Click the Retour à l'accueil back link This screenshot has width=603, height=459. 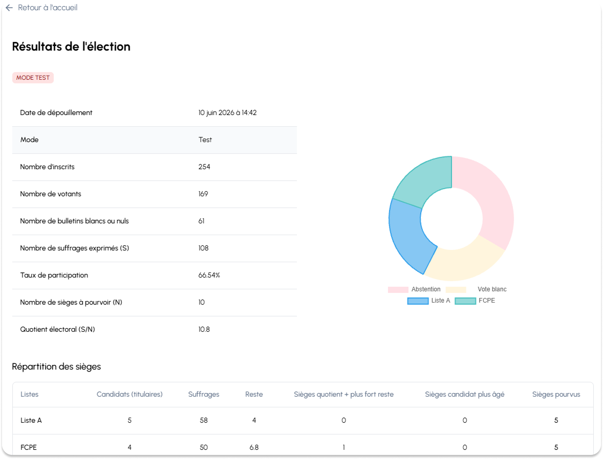click(x=41, y=8)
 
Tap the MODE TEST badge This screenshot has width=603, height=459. click(x=33, y=78)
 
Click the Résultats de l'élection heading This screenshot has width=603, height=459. click(x=71, y=47)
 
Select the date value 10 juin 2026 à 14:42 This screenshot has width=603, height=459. click(x=227, y=112)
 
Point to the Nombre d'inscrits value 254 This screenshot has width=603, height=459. click(x=204, y=167)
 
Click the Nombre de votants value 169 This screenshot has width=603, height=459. click(x=203, y=194)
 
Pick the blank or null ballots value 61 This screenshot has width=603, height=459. click(x=201, y=221)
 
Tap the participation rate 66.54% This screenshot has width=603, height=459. click(x=209, y=275)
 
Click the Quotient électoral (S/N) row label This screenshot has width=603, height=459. click(x=57, y=329)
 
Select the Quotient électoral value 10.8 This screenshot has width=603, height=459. click(x=204, y=329)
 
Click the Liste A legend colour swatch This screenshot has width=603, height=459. click(x=418, y=301)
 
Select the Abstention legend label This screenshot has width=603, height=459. click(x=426, y=289)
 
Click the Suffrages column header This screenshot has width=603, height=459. click(x=203, y=394)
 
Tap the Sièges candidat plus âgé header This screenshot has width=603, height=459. click(x=465, y=394)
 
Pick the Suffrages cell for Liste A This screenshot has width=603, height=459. click(x=203, y=420)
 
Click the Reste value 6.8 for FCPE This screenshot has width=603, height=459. click(x=254, y=447)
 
